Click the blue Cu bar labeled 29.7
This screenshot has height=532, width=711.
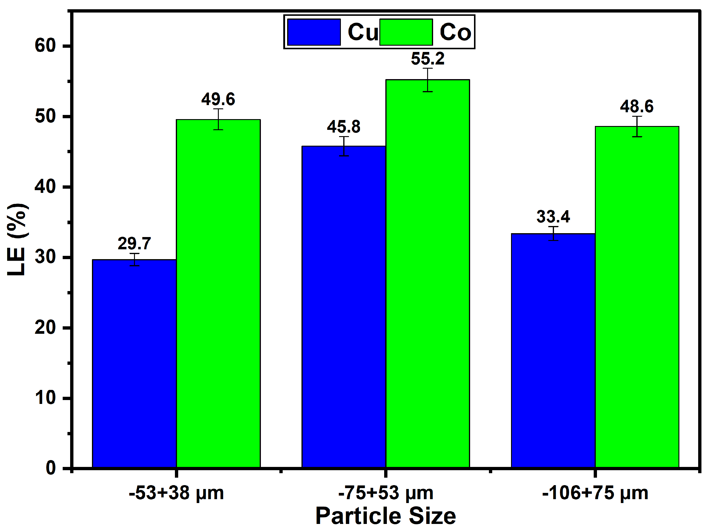pos(134,363)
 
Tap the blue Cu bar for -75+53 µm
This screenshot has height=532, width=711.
pos(344,307)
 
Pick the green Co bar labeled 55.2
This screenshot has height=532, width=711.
pos(427,273)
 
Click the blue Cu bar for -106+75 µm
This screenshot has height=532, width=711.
pos(553,350)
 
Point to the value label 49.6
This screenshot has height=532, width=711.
pos(218,99)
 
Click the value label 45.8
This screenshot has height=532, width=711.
pos(344,127)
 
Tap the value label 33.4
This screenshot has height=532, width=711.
pos(553,217)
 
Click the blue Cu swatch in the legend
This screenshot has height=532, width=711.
pos(314,32)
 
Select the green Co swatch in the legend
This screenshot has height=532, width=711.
pos(406,32)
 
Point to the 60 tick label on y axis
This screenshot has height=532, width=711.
pos(45,46)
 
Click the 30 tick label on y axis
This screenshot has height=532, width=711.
pos(45,257)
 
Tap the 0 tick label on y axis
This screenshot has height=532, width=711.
pos(51,468)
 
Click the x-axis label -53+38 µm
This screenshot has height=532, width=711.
pos(176,493)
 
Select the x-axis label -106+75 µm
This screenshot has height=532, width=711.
pos(595,493)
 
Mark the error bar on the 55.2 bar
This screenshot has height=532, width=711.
pos(427,80)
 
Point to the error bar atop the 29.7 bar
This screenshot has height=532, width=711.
pos(134,259)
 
